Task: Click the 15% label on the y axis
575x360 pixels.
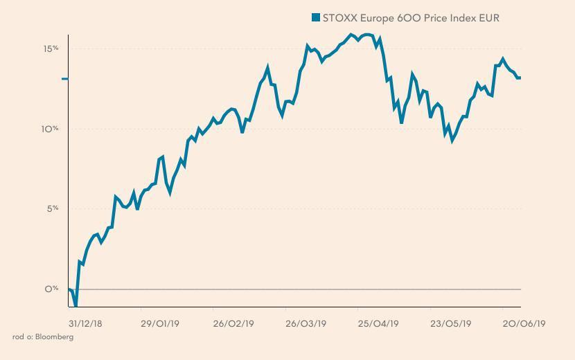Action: [52, 48]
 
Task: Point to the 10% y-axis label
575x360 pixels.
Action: [52, 129]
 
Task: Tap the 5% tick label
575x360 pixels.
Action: [53, 208]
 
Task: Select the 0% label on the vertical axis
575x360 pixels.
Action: [52, 289]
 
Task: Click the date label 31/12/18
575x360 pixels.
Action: [85, 323]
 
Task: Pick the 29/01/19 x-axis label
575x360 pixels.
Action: [160, 323]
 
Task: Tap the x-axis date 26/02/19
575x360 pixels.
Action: [233, 323]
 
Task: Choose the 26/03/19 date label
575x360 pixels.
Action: [306, 323]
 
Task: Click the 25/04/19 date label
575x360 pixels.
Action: [378, 323]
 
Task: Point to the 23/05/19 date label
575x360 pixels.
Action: [451, 323]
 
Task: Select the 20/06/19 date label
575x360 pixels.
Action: [524, 323]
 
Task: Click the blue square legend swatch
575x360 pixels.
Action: [316, 17]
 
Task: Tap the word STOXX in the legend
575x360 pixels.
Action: [339, 17]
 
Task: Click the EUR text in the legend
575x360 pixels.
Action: [489, 17]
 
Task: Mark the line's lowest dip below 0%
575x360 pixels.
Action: [76, 305]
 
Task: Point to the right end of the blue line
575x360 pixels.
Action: [520, 78]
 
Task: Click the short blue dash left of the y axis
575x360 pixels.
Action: [65, 79]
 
